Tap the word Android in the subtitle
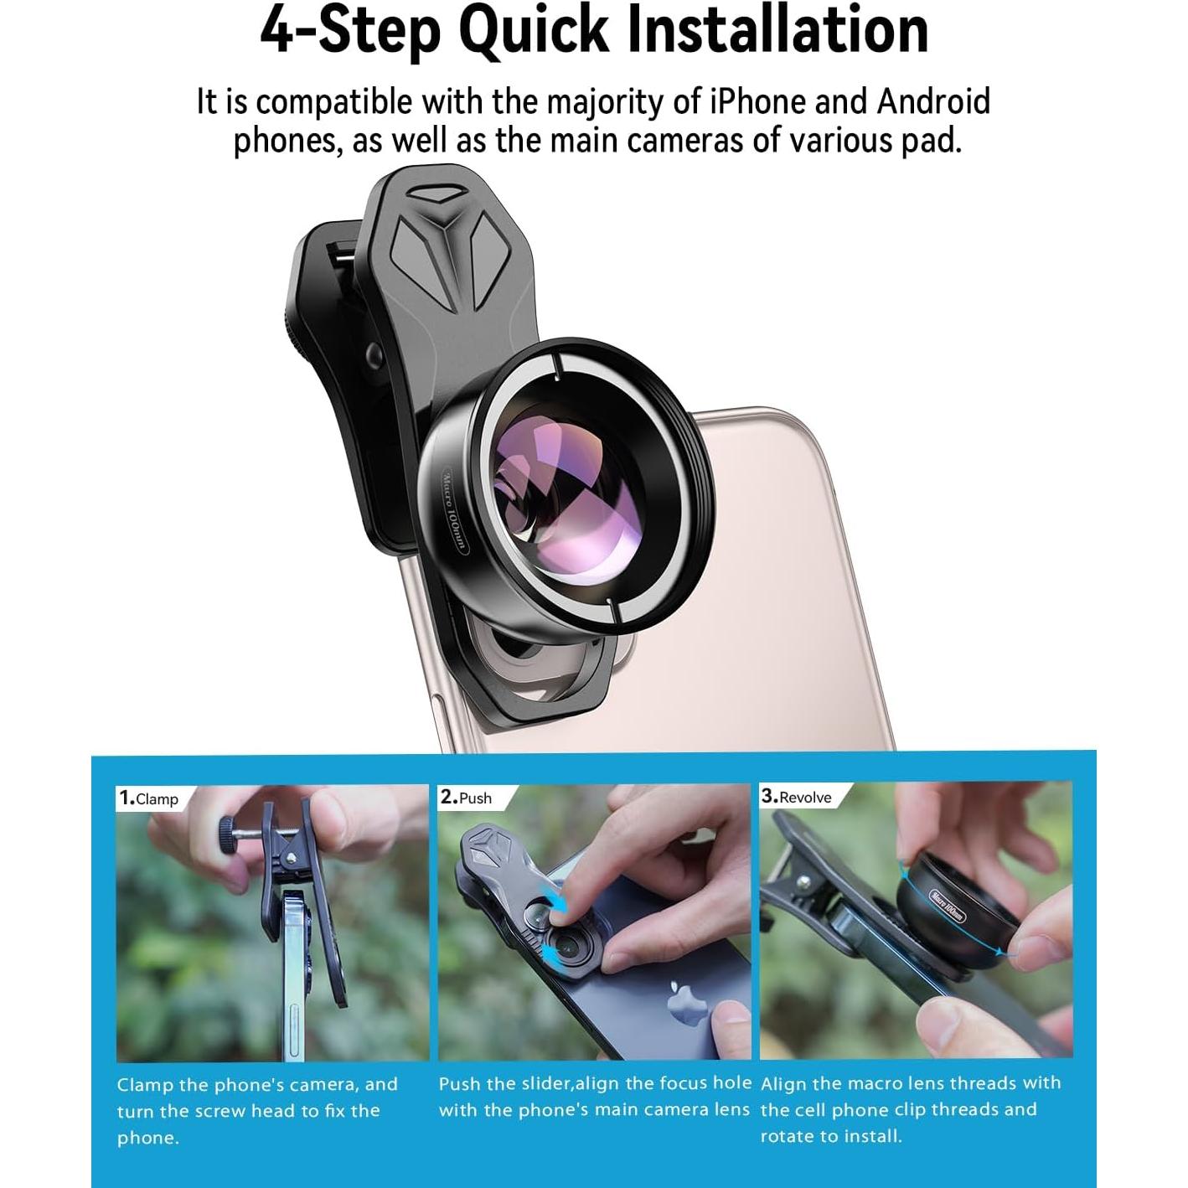[x=933, y=102]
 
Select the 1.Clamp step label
[x=149, y=798]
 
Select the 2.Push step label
[x=467, y=798]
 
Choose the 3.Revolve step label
[x=797, y=797]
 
